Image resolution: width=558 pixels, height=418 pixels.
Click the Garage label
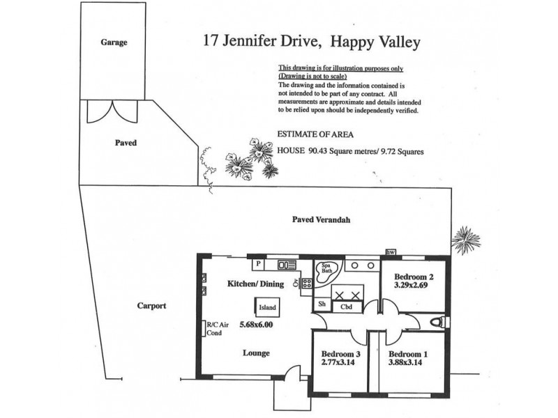(x=114, y=42)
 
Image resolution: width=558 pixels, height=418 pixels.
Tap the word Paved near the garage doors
(x=126, y=143)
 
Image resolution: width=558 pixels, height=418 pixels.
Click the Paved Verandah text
(x=320, y=220)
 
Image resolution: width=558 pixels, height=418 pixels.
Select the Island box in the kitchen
(x=267, y=307)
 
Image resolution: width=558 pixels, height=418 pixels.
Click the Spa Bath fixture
(x=326, y=271)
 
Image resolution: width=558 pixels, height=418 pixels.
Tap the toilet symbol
(x=437, y=322)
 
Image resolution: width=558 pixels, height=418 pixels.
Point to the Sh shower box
(x=322, y=304)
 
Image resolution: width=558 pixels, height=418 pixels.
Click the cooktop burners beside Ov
(x=306, y=283)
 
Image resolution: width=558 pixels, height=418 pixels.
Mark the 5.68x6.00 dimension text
(x=256, y=325)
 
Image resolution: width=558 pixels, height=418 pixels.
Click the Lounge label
(x=256, y=353)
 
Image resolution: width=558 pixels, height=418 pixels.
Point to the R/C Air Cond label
(x=214, y=328)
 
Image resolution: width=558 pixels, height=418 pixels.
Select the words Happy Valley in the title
(x=376, y=42)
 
